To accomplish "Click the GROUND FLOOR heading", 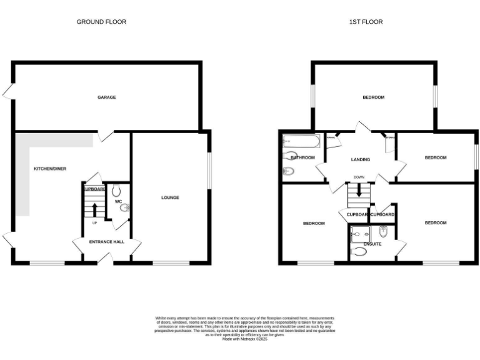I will pos(101,22).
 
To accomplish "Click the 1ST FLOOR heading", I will pos(366,22).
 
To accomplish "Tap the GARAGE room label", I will pos(106,97).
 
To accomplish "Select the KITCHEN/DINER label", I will pos(50,169).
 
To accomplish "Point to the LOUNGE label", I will pos(170,197).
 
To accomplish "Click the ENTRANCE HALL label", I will pos(107,242).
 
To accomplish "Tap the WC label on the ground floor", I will pos(118,201).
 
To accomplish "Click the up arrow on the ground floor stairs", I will pos(94,209).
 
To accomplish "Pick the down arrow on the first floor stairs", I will pos(359,191).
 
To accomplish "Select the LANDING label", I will pos(361,159).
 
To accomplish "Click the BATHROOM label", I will pos(302,157).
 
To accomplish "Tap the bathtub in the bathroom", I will pos(301,141).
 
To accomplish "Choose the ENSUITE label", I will pos(372,244).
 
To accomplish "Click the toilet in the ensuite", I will pos(359,252).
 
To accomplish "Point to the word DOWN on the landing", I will pos(359,177).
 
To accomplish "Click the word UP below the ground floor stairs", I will pos(94,222).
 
